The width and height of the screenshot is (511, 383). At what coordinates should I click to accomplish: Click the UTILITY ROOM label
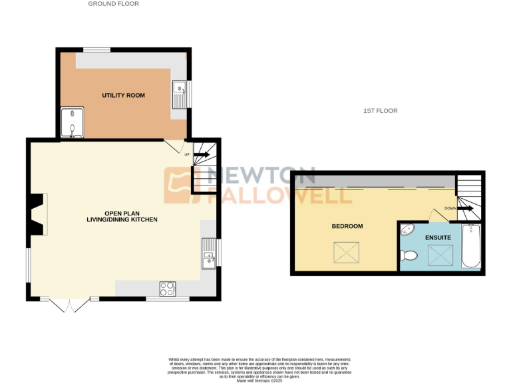click(123, 96)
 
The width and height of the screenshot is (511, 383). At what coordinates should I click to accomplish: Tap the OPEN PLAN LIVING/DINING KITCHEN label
click(122, 216)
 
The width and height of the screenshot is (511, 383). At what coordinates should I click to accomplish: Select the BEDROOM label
click(347, 226)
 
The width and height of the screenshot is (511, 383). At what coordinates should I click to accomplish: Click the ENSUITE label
click(438, 237)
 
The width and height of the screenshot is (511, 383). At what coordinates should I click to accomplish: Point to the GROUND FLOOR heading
click(113, 4)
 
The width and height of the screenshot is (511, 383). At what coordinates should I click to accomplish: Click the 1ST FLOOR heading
click(381, 111)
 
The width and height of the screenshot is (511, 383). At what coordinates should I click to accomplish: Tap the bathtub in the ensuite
click(470, 246)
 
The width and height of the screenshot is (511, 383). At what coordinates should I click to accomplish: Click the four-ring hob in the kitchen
click(168, 289)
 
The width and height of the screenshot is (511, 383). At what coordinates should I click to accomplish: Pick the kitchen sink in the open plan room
click(209, 253)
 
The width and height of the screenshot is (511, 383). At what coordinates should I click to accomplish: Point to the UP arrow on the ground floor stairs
click(202, 155)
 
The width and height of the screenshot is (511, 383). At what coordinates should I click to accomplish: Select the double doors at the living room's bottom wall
click(69, 304)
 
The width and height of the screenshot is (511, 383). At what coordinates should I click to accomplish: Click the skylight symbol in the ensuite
click(438, 255)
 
